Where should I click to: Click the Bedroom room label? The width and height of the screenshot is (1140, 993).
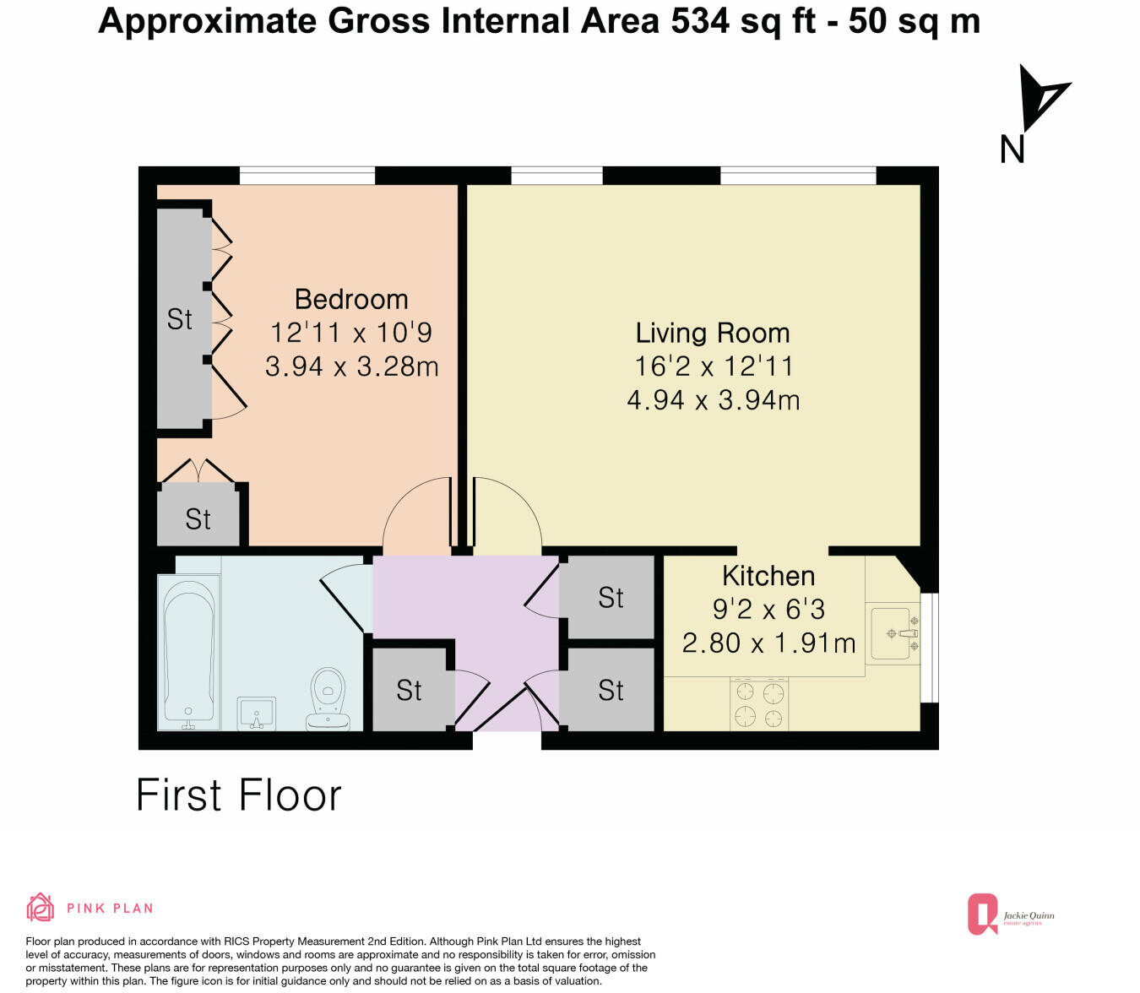[x=351, y=300]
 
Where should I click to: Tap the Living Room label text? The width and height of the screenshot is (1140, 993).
[x=713, y=334]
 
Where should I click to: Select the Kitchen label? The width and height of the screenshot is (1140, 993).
[x=768, y=576]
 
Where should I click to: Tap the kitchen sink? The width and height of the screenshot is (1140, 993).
[x=893, y=633]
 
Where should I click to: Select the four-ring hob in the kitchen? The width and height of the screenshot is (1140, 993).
[x=759, y=704]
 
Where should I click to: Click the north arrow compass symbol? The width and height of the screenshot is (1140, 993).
[x=1037, y=101]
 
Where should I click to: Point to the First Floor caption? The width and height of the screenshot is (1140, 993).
[x=239, y=795]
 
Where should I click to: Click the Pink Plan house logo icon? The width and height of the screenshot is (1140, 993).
[x=40, y=908]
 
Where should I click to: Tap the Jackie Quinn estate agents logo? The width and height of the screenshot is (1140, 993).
[x=1010, y=915]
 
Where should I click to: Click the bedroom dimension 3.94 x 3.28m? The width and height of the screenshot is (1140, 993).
[x=351, y=366]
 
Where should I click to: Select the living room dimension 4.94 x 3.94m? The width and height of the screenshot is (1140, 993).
[x=713, y=399]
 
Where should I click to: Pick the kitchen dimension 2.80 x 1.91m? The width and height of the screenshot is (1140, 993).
[x=768, y=643]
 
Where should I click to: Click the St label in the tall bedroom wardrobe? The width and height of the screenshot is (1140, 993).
[x=179, y=319]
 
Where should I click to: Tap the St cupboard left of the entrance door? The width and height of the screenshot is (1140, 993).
[x=409, y=691]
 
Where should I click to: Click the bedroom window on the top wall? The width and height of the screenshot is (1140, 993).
[x=307, y=176]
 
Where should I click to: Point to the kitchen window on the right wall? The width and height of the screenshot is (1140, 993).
[x=929, y=648]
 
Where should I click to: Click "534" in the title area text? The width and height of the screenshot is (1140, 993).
[x=700, y=21]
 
